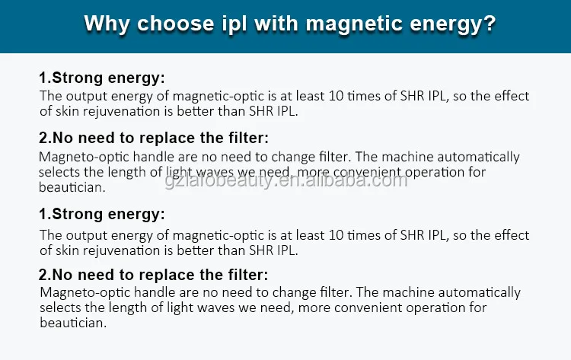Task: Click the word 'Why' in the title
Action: [107, 24]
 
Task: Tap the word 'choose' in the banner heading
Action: [176, 24]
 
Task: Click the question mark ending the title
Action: [490, 24]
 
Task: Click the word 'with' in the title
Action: [276, 24]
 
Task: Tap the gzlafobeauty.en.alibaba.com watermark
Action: [285, 180]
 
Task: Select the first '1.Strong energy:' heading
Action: [102, 78]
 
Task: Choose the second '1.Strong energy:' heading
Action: [102, 214]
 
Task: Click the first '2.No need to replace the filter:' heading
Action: [154, 138]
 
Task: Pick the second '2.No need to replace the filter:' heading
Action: [153, 275]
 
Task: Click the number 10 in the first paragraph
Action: [336, 96]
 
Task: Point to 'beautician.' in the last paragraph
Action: [73, 323]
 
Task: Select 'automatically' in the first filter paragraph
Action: [479, 158]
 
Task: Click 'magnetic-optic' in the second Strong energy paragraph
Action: [219, 236]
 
